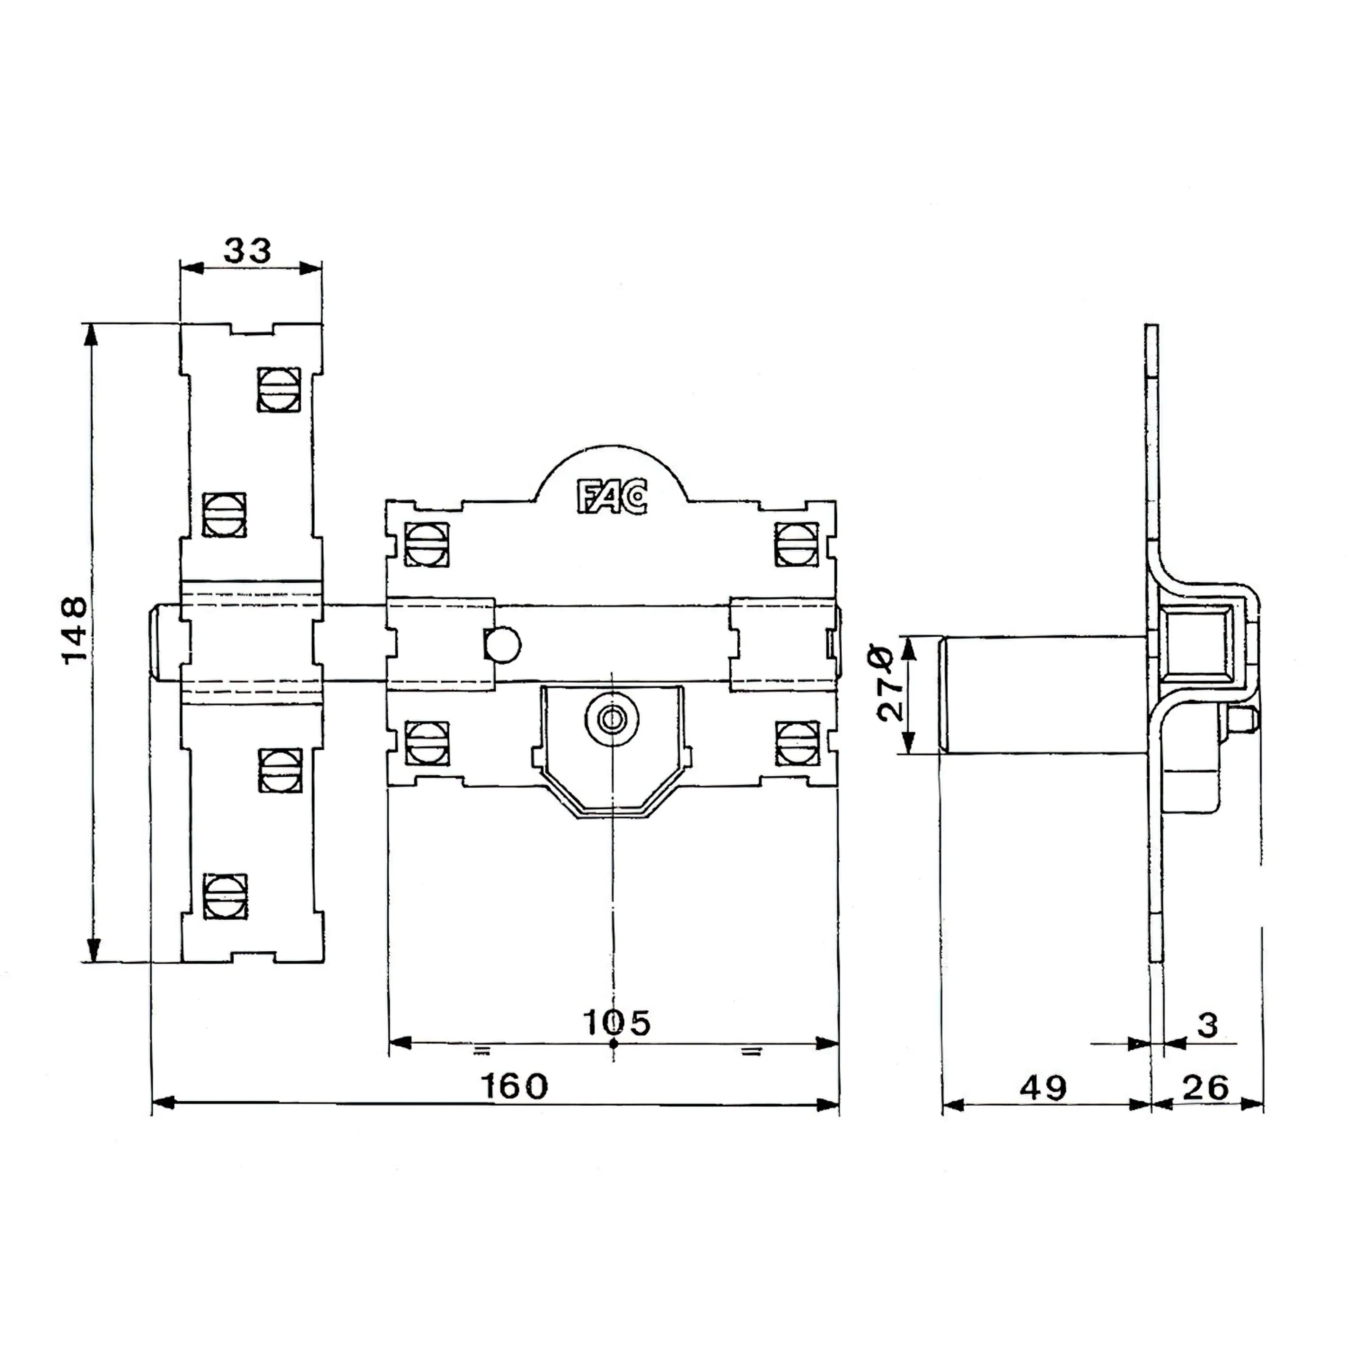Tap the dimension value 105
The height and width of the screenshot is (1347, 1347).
click(616, 1023)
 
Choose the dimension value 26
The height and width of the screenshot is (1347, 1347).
click(1206, 1088)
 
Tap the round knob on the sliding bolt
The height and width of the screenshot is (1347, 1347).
click(503, 644)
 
